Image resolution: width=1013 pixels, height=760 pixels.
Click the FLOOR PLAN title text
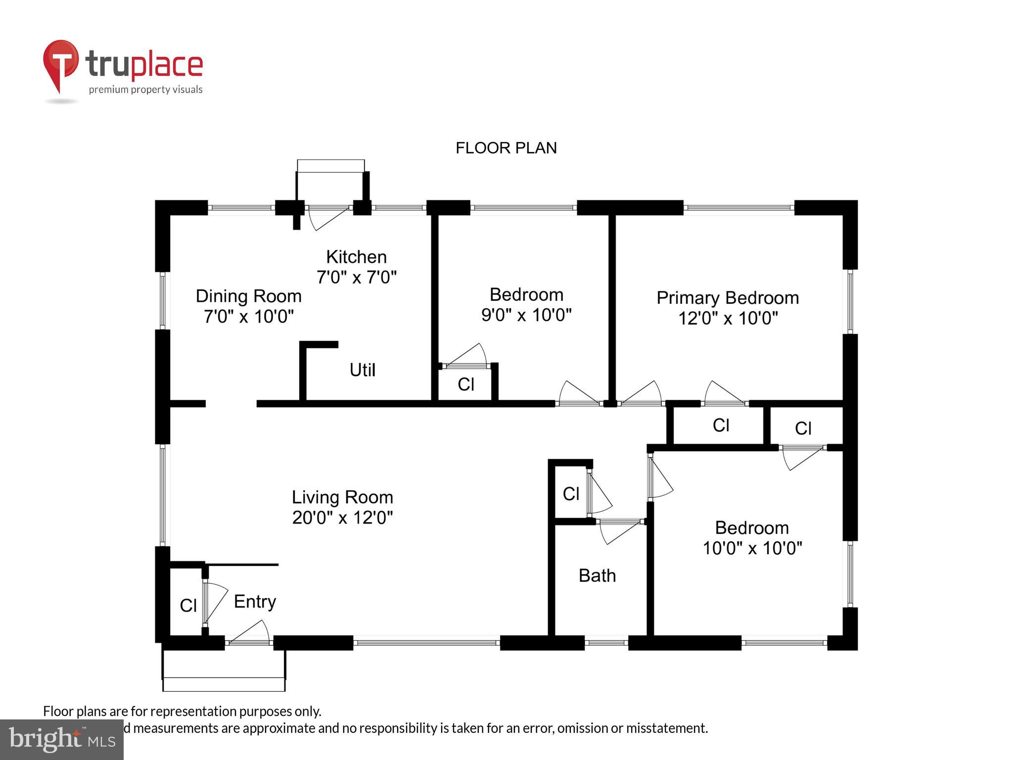(506, 148)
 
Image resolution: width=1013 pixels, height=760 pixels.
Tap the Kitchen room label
(356, 257)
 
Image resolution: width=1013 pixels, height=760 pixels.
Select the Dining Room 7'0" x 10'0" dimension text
(249, 316)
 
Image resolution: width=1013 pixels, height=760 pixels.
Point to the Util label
(362, 370)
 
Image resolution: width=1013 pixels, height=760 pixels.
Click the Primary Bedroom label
(727, 298)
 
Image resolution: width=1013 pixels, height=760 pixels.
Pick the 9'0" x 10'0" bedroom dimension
(526, 315)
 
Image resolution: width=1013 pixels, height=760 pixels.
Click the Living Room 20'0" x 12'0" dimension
(342, 518)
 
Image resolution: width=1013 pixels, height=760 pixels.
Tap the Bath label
(597, 575)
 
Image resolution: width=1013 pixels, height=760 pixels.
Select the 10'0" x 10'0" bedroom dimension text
(752, 548)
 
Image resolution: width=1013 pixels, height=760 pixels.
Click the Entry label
(255, 601)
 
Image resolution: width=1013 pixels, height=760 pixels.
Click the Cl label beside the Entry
(188, 605)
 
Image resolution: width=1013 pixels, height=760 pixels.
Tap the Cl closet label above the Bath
(571, 493)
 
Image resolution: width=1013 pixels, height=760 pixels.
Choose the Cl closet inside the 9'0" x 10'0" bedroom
(466, 384)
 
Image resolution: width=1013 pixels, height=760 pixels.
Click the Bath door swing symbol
(618, 532)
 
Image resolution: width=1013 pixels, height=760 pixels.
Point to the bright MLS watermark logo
(62, 739)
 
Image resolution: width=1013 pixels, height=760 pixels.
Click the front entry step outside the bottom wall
(224, 678)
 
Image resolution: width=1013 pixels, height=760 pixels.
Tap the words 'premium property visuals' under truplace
(145, 90)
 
